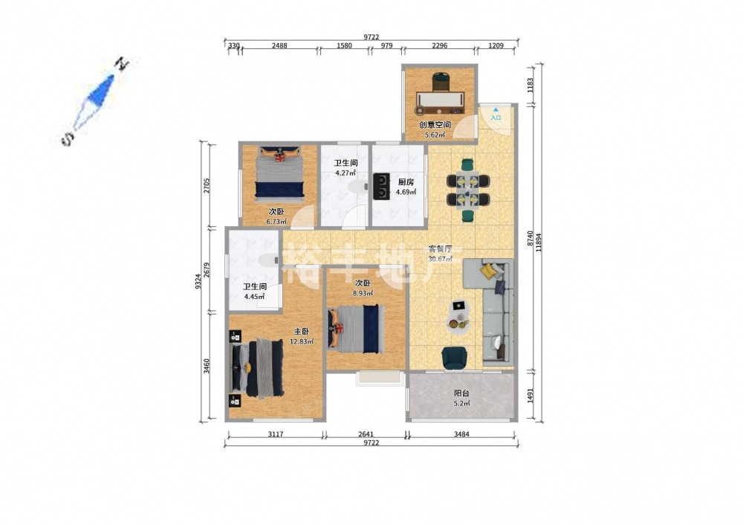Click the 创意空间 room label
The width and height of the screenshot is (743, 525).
click(x=434, y=125)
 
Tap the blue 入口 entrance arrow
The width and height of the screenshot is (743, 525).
click(x=496, y=109)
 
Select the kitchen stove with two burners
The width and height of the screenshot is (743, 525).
click(x=381, y=187)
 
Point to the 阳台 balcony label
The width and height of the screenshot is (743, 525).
click(x=461, y=393)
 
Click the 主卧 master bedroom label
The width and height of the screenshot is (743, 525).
click(x=302, y=332)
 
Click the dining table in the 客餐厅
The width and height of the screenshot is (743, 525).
click(x=468, y=190)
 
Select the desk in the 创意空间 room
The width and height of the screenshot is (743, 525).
click(x=441, y=101)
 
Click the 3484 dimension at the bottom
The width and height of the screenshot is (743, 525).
click(x=461, y=434)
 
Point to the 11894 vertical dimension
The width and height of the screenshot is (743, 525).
click(x=539, y=242)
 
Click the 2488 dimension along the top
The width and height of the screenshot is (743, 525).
click(x=279, y=45)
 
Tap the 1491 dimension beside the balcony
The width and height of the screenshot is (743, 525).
click(x=531, y=396)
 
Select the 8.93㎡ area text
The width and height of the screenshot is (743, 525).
click(x=363, y=293)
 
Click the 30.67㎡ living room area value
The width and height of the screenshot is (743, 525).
click(x=440, y=259)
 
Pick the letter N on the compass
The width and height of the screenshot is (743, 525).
click(x=123, y=63)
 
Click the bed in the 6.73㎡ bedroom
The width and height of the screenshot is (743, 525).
click(x=279, y=173)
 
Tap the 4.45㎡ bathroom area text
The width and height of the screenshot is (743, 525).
click(x=254, y=297)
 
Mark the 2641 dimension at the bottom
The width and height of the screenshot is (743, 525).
click(x=366, y=434)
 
